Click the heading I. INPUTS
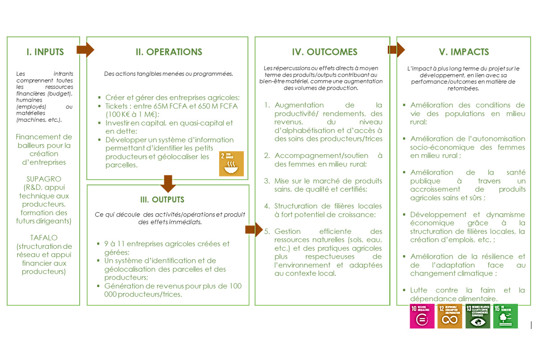[45, 52]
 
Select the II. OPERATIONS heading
[169, 52]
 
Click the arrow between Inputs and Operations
[85, 49]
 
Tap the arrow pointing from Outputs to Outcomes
[253, 229]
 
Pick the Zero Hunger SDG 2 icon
[231, 163]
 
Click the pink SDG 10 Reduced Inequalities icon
[422, 316]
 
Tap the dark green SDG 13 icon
[477, 316]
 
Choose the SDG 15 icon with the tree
[505, 316]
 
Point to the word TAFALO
[45, 237]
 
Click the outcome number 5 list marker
[267, 231]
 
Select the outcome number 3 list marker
[267, 181]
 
